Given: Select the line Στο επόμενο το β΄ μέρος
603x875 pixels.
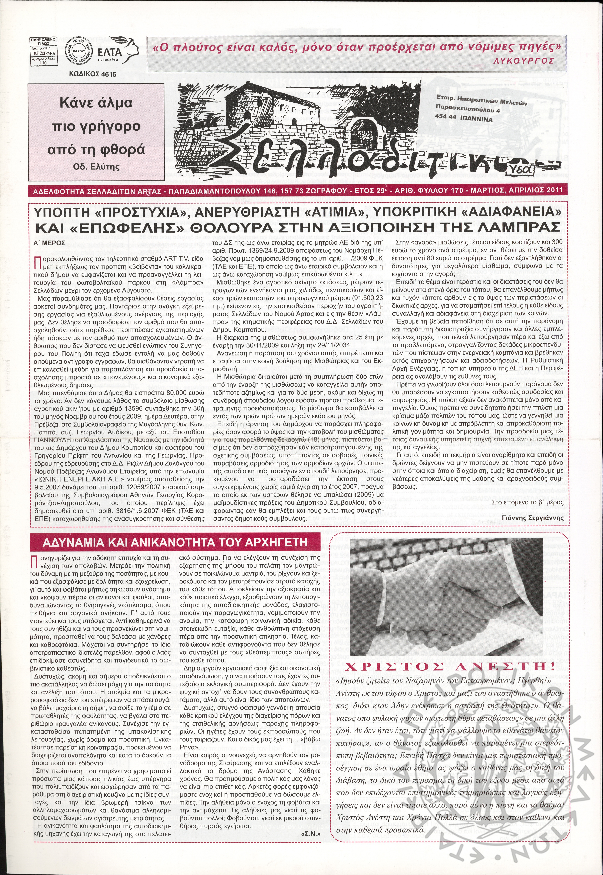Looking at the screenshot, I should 528,502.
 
